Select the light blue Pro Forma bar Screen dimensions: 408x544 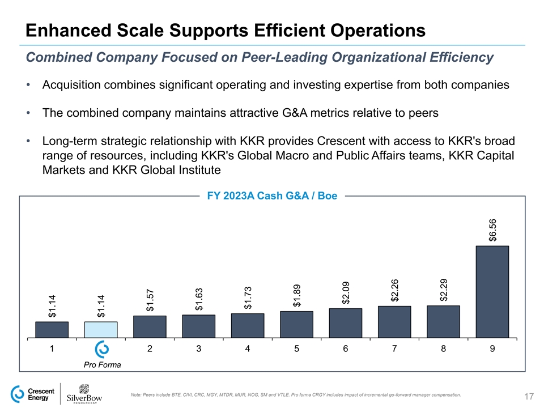tap(101, 330)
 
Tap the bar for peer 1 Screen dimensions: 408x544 tap(52, 330)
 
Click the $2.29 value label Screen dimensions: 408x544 tap(444, 290)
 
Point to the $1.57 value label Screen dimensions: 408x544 tap(150, 300)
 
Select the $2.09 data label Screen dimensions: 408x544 tap(346, 293)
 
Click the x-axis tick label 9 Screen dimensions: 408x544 tap(492, 349)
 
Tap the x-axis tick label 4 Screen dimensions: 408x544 tap(248, 349)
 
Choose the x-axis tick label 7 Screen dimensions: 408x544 tap(394, 349)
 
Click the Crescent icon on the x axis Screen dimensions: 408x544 tap(101, 349)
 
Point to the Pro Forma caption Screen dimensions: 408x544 tap(102, 365)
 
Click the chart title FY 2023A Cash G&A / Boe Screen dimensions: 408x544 tap(272, 196)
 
